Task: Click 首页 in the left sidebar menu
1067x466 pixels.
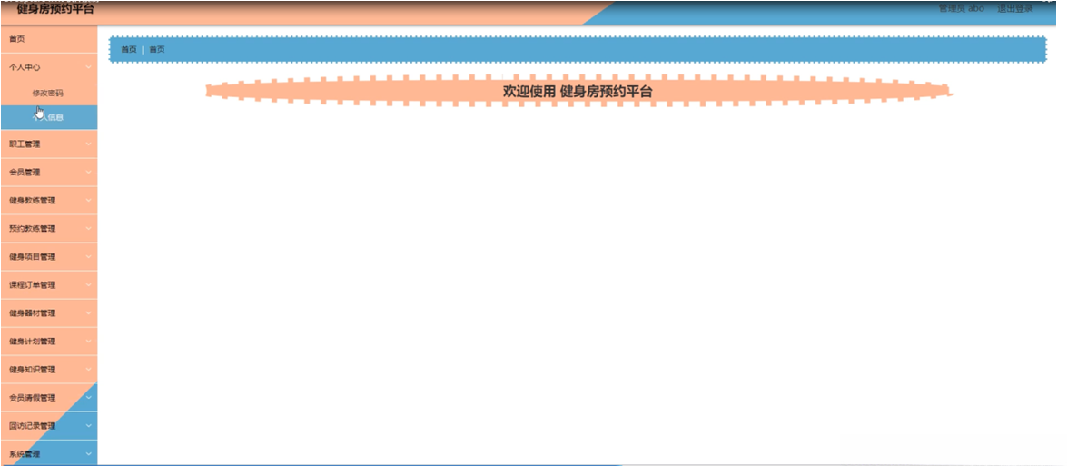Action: tap(17, 39)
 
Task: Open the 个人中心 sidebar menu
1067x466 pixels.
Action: tap(25, 67)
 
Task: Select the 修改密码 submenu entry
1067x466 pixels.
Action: tap(47, 93)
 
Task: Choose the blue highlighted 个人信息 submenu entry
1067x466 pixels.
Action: tap(48, 117)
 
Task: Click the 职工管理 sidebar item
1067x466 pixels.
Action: tap(25, 144)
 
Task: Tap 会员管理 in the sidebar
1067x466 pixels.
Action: tap(25, 172)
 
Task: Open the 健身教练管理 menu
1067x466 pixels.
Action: tap(32, 200)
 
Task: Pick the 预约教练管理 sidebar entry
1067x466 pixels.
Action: tap(32, 228)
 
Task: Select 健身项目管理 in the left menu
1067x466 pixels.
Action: tap(32, 256)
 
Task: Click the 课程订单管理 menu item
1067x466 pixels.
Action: tap(32, 284)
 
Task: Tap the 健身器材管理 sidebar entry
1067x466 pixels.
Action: tap(32, 312)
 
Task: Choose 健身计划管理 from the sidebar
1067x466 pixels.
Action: tap(32, 341)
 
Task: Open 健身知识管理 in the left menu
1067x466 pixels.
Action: tap(32, 369)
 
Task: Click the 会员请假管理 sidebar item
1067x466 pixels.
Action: tap(32, 397)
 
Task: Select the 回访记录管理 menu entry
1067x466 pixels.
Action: tap(32, 425)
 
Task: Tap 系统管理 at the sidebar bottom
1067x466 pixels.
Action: tap(25, 453)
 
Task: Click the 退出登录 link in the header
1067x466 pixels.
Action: tap(1014, 8)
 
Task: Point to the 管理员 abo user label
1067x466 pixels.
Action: tap(961, 8)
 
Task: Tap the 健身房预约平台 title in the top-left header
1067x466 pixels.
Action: tap(54, 9)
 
